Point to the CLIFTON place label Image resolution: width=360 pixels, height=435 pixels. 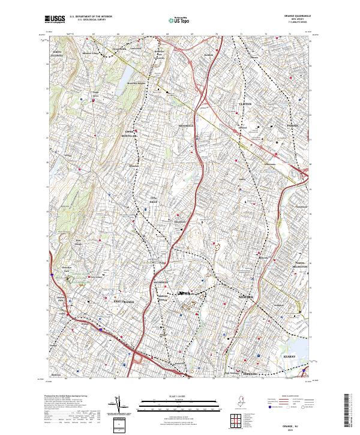[245, 104]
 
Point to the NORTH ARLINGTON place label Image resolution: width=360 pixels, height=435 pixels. [298, 264]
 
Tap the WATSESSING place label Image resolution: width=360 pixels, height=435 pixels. [162, 281]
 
